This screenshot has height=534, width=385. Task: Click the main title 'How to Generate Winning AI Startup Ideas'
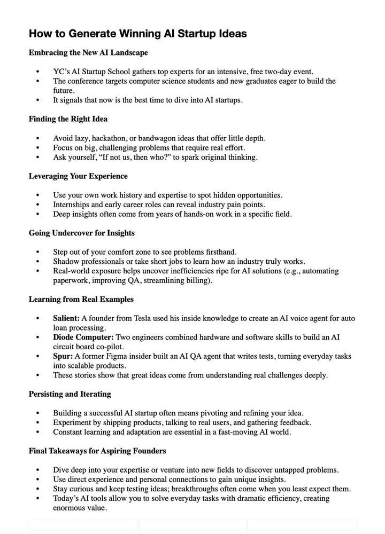tap(137, 34)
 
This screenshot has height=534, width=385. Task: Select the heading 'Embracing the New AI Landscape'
tap(88, 53)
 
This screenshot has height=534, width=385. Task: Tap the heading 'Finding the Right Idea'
tap(68, 119)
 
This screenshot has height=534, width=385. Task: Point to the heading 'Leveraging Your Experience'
tap(78, 176)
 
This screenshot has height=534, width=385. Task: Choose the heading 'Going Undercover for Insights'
tap(81, 233)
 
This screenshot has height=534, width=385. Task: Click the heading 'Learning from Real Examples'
tap(81, 299)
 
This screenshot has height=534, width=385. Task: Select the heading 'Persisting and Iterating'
tap(70, 394)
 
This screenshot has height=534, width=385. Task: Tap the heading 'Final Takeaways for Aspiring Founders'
tap(97, 451)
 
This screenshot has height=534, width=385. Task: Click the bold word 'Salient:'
tap(66, 318)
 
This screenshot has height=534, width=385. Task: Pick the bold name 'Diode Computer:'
tap(83, 337)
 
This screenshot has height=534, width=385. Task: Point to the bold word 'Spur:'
tap(63, 356)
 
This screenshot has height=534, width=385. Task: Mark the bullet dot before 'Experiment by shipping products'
tap(37, 423)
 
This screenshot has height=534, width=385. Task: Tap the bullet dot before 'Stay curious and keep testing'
tap(37, 489)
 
